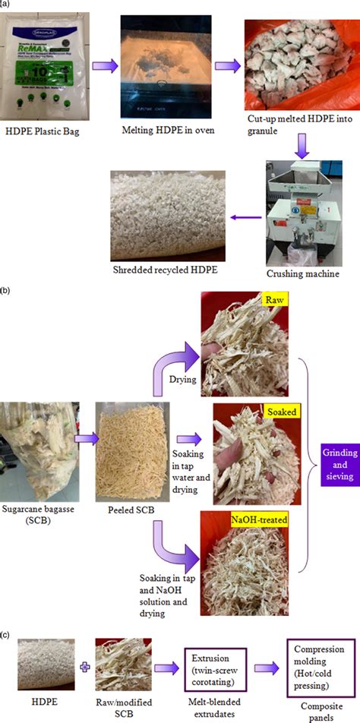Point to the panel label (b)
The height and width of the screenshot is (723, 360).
[6, 289]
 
